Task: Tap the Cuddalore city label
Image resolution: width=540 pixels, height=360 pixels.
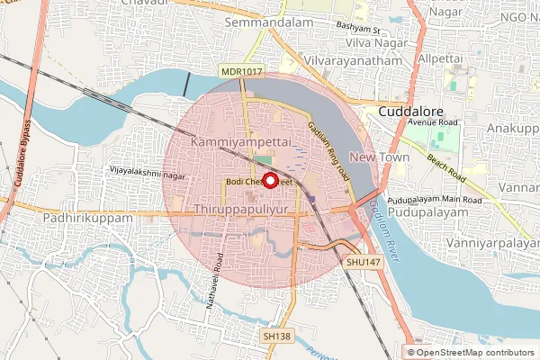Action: pyautogui.click(x=416, y=111)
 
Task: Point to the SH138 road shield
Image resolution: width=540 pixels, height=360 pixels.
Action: pyautogui.click(x=277, y=335)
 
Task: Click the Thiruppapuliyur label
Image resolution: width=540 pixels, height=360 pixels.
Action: pyautogui.click(x=244, y=209)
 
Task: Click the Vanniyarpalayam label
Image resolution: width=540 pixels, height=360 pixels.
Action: pyautogui.click(x=491, y=243)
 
